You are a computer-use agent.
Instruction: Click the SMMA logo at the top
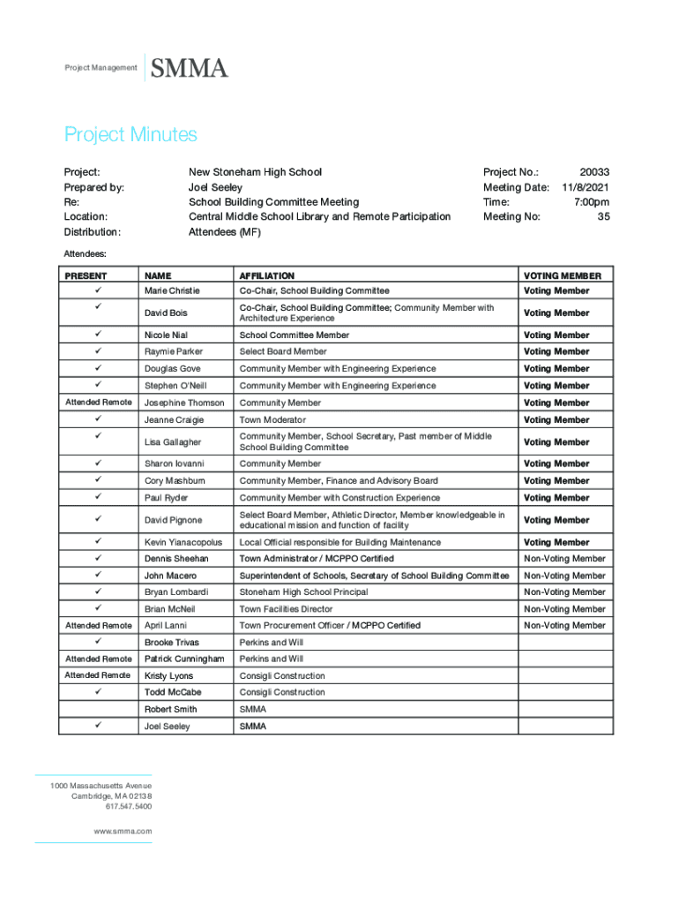[x=190, y=68]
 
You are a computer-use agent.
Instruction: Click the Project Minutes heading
[x=131, y=135]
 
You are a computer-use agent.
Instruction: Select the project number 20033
[x=594, y=173]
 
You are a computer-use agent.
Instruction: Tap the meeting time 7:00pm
[x=591, y=202]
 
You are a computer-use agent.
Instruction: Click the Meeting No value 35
[x=603, y=216]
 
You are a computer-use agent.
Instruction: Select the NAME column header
[x=158, y=275]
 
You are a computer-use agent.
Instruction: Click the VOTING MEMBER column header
[x=562, y=275]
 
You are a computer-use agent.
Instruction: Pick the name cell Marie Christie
[x=172, y=290]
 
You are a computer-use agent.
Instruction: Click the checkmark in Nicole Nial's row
[x=98, y=335]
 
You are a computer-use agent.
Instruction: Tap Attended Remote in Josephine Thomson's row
[x=99, y=403]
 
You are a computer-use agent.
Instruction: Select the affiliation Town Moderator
[x=272, y=420]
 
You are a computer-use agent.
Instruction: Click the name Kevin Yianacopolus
[x=183, y=542]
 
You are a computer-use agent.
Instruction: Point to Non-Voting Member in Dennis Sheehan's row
[x=564, y=559]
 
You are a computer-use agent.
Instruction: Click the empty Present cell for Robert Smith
[x=98, y=710]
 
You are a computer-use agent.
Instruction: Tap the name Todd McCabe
[x=173, y=692]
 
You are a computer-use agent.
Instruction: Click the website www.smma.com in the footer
[x=123, y=832]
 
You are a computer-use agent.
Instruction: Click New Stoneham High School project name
[x=255, y=173]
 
